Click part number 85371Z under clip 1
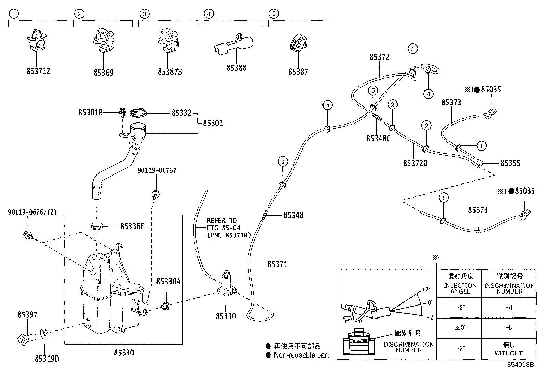pyautogui.click(x=38, y=72)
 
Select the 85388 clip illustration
pyautogui.click(x=232, y=45)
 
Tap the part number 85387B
pyautogui.click(x=170, y=72)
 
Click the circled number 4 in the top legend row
pyautogui.click(x=208, y=14)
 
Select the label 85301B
pyautogui.click(x=90, y=113)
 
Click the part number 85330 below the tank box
pyautogui.click(x=124, y=352)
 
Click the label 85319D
pyautogui.click(x=47, y=359)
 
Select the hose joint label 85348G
pyautogui.click(x=378, y=138)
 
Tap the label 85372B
pyautogui.click(x=415, y=163)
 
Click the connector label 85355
pyautogui.click(x=510, y=163)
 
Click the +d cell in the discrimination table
pyautogui.click(x=509, y=308)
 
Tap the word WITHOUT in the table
pyautogui.click(x=508, y=353)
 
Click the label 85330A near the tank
pyautogui.click(x=168, y=281)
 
